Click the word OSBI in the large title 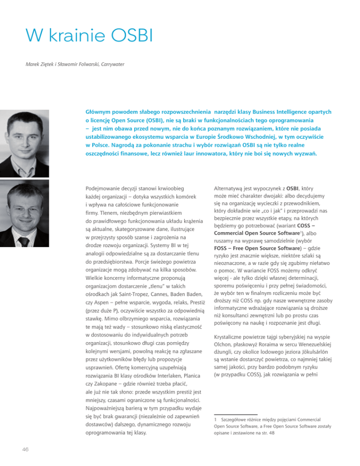coord(105,35)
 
